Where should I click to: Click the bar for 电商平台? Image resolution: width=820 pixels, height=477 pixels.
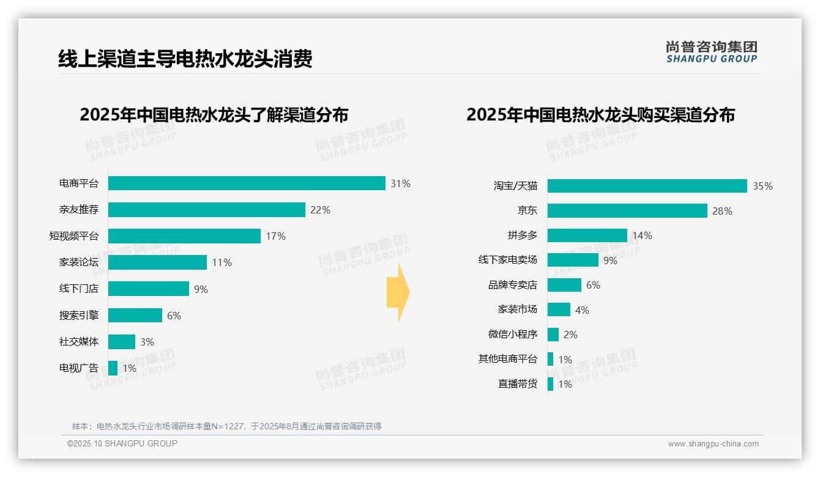[x=247, y=183]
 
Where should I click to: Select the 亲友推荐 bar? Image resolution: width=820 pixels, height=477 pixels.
[x=206, y=210]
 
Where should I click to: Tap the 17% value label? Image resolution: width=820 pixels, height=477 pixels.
[x=275, y=236]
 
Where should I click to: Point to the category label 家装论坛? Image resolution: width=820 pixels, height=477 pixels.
[x=78, y=262]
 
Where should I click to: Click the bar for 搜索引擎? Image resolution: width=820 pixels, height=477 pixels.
[x=135, y=315]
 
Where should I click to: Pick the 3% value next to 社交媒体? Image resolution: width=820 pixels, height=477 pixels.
[x=147, y=342]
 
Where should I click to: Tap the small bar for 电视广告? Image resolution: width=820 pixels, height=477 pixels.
[x=113, y=368]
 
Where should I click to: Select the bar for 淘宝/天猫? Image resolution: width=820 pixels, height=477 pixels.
[x=647, y=186]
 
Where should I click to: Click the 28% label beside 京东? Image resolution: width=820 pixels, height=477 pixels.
[x=722, y=211]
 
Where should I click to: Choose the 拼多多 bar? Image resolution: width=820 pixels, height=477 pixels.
[x=587, y=235]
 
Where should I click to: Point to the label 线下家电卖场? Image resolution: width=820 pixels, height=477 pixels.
[x=507, y=260]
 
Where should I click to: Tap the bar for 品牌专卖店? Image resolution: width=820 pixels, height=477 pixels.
[x=564, y=285]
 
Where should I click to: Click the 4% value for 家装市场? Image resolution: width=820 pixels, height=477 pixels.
[x=582, y=310]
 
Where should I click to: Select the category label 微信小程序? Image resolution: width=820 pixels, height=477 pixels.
[x=512, y=335]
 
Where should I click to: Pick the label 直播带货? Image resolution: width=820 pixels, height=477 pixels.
[x=517, y=384]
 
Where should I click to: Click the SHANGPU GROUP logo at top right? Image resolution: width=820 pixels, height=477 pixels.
[x=711, y=52]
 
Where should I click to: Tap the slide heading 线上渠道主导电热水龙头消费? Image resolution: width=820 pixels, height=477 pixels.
[x=185, y=59]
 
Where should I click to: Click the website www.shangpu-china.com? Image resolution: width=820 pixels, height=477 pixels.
[x=713, y=444]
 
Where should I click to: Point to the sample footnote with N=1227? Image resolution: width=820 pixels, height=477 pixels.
[x=226, y=426]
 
